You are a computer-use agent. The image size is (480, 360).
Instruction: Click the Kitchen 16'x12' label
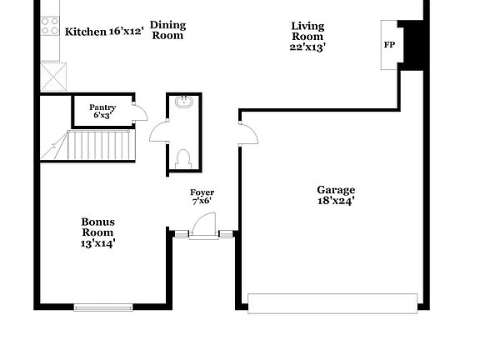[104, 32]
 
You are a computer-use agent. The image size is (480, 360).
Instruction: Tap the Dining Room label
[167, 30]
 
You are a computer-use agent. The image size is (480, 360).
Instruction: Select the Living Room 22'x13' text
[307, 36]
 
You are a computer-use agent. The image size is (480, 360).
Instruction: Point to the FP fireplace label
[389, 44]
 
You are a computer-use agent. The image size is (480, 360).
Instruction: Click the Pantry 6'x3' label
[102, 111]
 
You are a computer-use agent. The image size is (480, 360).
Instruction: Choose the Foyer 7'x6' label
[202, 197]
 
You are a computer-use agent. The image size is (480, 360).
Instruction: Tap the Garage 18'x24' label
[336, 194]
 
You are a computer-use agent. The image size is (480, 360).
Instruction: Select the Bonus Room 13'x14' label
[97, 232]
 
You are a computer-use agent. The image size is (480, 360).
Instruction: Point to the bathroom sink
[184, 103]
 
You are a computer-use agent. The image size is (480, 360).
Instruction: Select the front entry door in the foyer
[202, 226]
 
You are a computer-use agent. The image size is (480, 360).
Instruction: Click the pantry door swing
[140, 113]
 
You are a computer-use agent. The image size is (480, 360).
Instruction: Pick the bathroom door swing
[159, 132]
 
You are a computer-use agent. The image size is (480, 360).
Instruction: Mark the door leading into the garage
[247, 133]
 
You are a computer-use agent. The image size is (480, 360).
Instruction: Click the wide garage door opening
[332, 302]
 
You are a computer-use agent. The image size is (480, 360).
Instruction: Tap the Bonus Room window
[103, 307]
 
